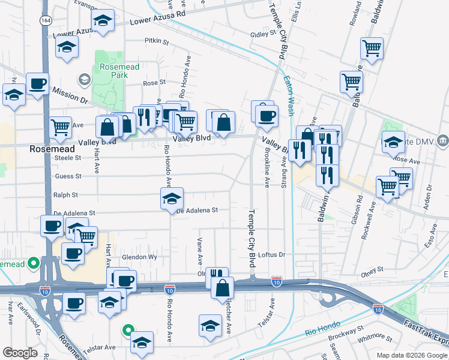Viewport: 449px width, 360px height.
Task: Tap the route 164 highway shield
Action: (45, 20)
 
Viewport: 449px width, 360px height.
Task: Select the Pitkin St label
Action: (157, 41)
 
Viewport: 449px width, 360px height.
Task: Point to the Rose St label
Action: (154, 82)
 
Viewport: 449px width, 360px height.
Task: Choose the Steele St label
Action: (68, 158)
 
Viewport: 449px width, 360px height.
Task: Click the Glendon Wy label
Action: (139, 257)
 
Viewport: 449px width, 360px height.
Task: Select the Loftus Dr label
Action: (273, 254)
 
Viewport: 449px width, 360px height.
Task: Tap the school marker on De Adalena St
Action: (172, 198)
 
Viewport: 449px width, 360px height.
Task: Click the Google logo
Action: (20, 353)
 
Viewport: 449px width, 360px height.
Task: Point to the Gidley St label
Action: (262, 34)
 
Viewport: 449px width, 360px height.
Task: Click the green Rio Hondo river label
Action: (319, 332)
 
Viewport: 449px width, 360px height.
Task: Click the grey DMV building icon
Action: (443, 142)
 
